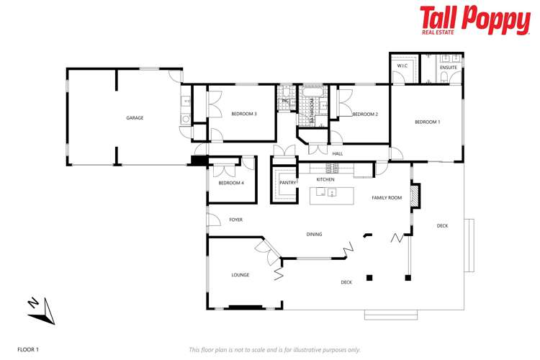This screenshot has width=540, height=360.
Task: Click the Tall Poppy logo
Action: (x=474, y=20)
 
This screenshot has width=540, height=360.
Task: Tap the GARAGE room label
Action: (x=135, y=117)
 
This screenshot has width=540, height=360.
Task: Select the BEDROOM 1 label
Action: (x=427, y=122)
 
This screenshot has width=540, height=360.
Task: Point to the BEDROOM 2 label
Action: (x=365, y=114)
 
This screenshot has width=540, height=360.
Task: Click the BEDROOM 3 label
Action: (x=244, y=114)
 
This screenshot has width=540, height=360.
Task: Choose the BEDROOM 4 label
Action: (x=231, y=183)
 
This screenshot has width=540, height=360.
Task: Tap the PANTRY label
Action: (x=288, y=183)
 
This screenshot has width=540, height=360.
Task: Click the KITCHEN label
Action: (x=325, y=179)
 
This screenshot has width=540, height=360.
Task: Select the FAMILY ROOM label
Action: (x=387, y=197)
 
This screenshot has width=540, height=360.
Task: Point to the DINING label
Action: (x=314, y=234)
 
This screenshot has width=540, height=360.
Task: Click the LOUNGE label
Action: (x=240, y=275)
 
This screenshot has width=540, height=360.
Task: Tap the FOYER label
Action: (x=236, y=219)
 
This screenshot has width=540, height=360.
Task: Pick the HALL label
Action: (x=337, y=153)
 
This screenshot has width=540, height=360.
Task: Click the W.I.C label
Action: (x=402, y=66)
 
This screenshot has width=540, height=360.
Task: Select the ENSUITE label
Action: (x=448, y=67)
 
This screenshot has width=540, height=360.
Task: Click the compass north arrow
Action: (x=42, y=310)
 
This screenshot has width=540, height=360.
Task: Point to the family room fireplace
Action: (x=414, y=197)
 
